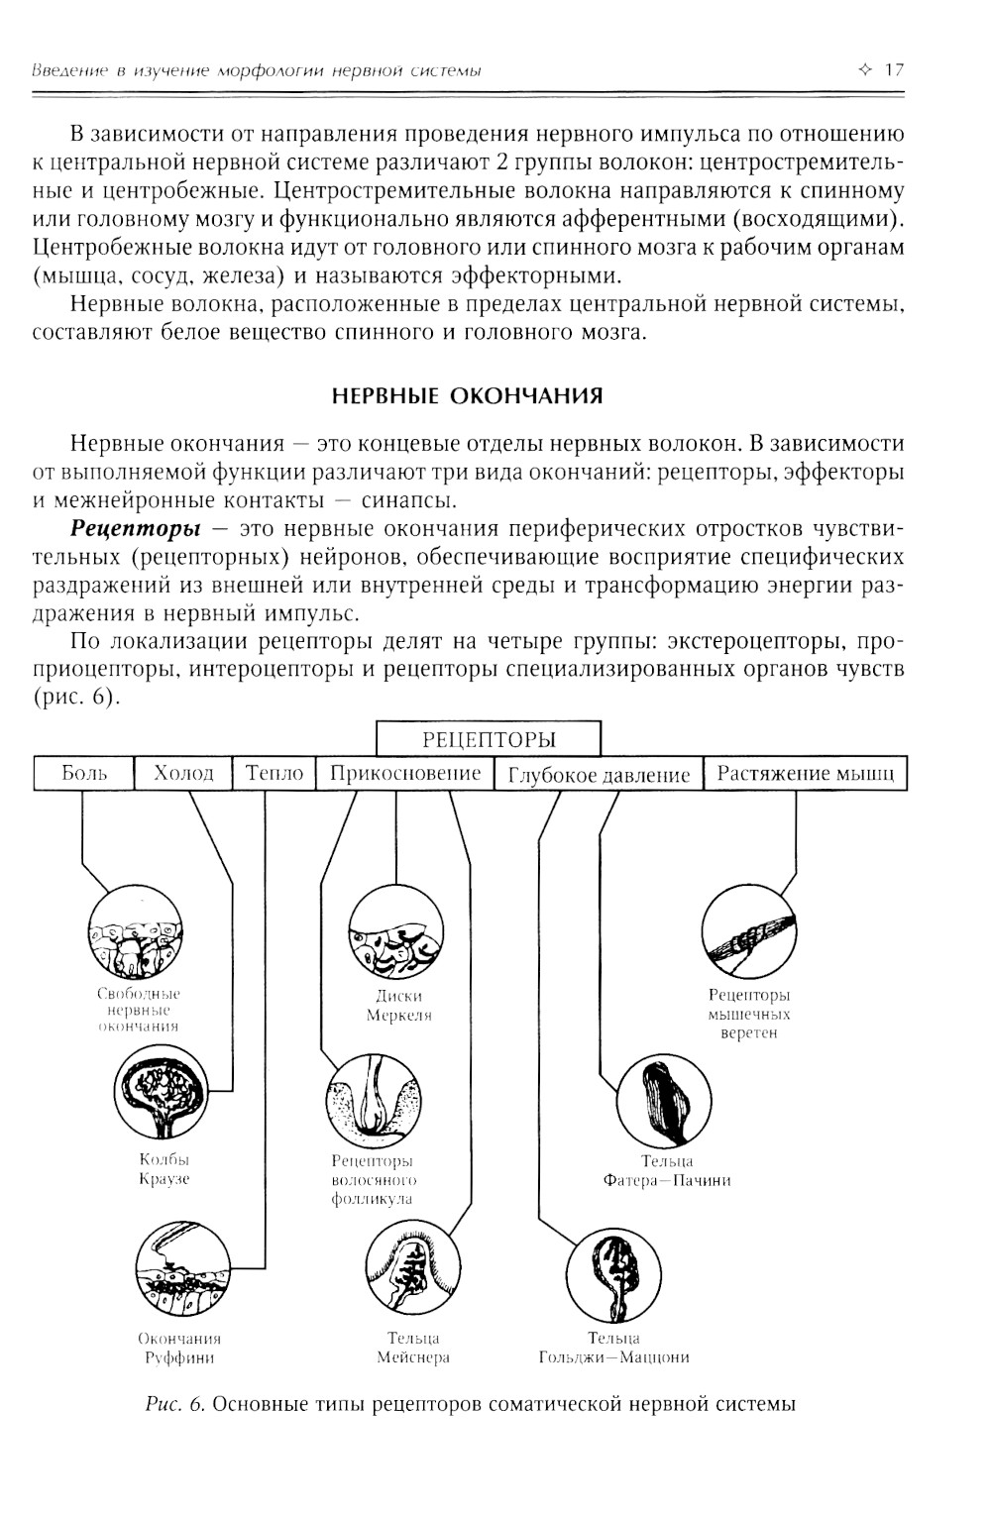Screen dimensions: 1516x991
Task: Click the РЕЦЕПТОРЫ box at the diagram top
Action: click(489, 739)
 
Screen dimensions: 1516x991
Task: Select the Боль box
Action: click(83, 774)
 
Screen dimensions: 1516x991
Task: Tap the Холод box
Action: click(183, 774)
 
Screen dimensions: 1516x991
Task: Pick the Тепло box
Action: click(274, 774)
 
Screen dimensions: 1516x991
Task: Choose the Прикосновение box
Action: click(404, 774)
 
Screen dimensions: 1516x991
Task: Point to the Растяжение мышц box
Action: click(805, 774)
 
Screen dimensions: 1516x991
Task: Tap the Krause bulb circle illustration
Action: click(161, 1094)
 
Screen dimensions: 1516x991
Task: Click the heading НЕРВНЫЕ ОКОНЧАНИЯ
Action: click(467, 397)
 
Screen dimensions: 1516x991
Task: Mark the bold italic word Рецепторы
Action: click(142, 523)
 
